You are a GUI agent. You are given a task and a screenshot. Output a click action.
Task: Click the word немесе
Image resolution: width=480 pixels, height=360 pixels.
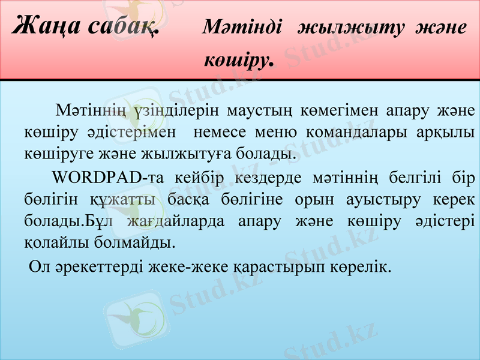(x=228, y=131)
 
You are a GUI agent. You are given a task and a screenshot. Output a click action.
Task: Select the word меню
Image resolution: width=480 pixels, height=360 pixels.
(x=284, y=131)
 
